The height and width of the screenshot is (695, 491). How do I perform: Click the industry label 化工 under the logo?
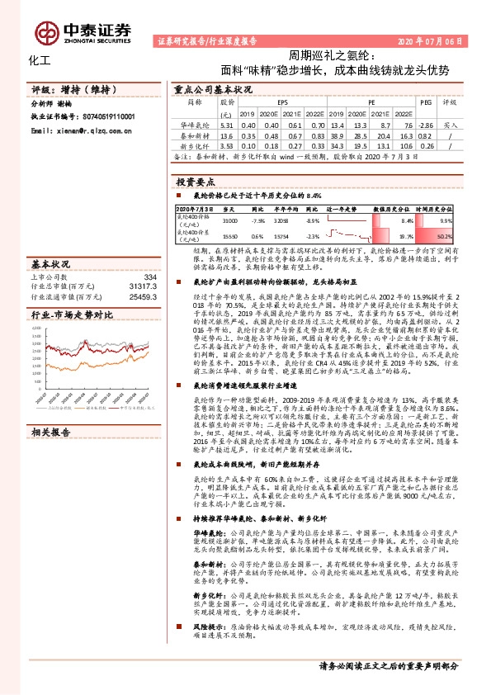pos(40,60)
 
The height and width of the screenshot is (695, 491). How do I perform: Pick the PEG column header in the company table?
pos(426,103)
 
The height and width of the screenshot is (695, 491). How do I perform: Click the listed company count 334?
pos(150,277)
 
